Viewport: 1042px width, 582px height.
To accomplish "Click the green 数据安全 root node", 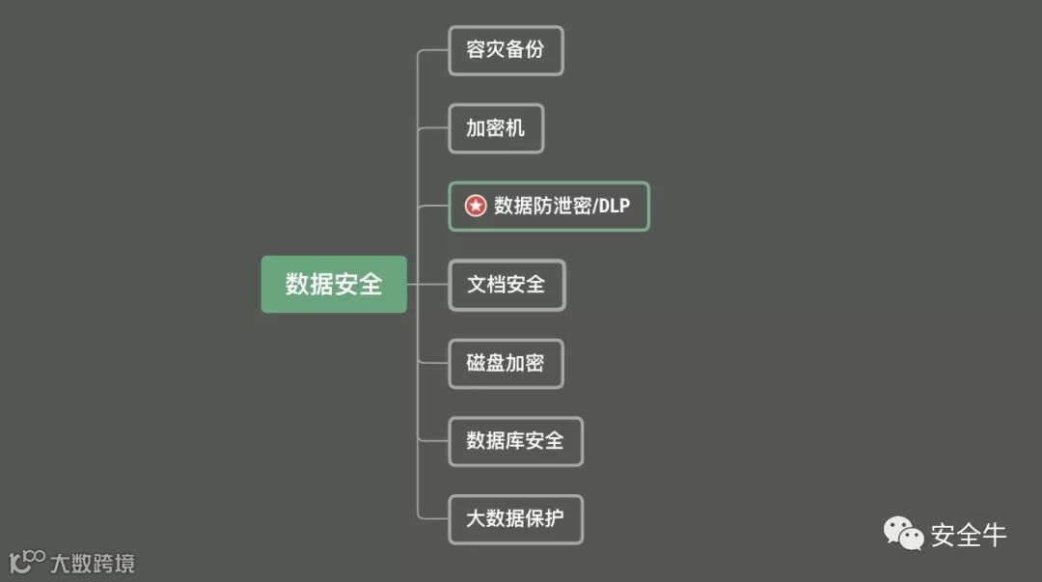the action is [x=334, y=284].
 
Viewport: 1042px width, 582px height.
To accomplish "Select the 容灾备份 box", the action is [x=506, y=50].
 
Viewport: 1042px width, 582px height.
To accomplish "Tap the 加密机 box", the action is [x=496, y=128].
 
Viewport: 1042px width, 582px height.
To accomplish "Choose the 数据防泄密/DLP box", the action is [x=549, y=207].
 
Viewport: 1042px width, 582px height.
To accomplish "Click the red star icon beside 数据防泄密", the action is [x=476, y=207].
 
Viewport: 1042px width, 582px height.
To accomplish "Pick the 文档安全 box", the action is [x=507, y=285].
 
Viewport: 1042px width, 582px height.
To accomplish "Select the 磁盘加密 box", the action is [x=506, y=363].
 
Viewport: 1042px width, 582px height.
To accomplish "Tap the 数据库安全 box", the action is [x=515, y=441].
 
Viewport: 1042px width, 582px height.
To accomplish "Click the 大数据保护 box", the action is [x=515, y=519].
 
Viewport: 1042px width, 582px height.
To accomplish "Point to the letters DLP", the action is [x=614, y=207].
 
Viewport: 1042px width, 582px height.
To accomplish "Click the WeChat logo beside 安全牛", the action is [x=904, y=533].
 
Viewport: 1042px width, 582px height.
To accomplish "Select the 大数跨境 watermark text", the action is [x=93, y=563].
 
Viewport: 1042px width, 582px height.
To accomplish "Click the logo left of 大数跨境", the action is [x=27, y=561].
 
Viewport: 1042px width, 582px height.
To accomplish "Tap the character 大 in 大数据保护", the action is [x=476, y=519].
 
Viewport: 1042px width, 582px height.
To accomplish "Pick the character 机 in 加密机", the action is [x=515, y=128].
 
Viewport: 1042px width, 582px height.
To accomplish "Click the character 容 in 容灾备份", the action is [x=476, y=50].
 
